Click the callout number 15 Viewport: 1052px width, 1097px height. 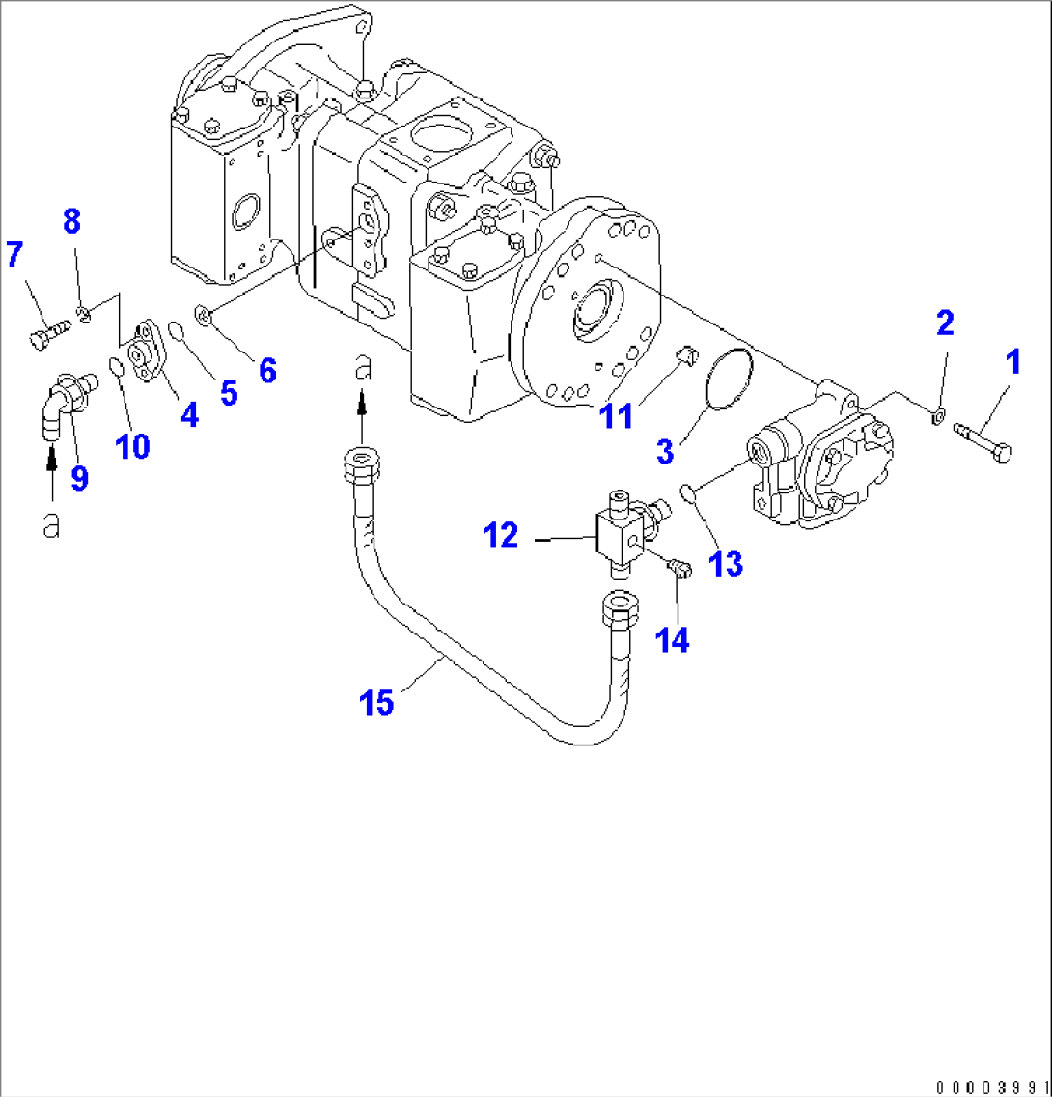pyautogui.click(x=377, y=702)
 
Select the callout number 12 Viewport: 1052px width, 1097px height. pyautogui.click(x=502, y=535)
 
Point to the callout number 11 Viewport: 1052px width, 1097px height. pyautogui.click(x=618, y=416)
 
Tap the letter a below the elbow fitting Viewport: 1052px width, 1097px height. pyautogui.click(x=51, y=524)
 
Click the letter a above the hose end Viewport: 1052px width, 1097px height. pyautogui.click(x=362, y=367)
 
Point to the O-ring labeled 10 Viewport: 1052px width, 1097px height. pyautogui.click(x=115, y=366)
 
